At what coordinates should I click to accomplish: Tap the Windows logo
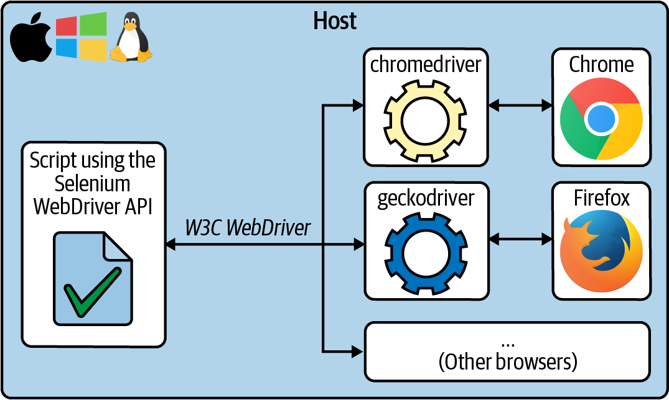click(x=81, y=37)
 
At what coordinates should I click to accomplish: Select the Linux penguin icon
click(x=131, y=39)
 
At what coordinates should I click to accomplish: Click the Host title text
click(x=335, y=21)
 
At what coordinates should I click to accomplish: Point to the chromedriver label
click(x=426, y=65)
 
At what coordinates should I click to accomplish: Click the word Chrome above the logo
click(x=601, y=65)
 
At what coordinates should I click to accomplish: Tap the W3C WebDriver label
click(x=248, y=227)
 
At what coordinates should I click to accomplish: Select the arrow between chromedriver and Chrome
click(x=520, y=106)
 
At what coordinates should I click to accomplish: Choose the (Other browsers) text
click(x=507, y=361)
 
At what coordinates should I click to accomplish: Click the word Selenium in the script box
click(x=92, y=184)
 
